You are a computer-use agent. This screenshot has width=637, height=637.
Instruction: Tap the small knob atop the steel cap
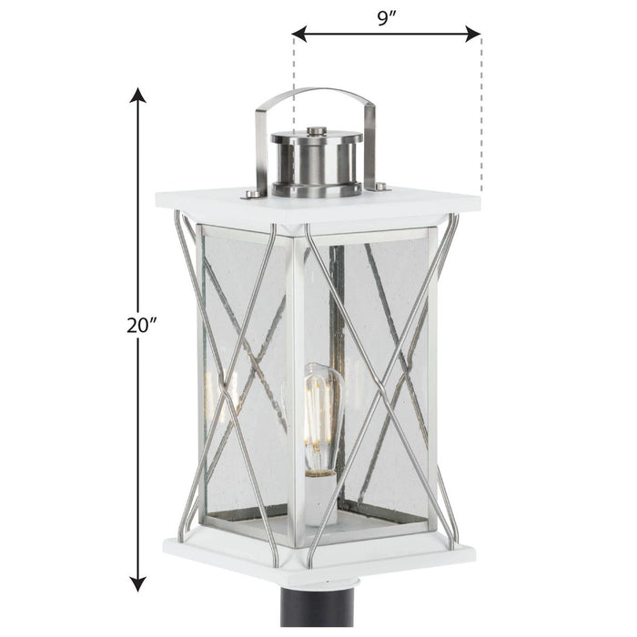(x=316, y=132)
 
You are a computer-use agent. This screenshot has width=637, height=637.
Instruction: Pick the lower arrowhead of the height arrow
(x=137, y=584)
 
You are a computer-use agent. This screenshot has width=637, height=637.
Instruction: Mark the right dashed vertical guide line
(x=481, y=118)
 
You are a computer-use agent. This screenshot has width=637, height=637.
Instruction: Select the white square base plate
(x=318, y=553)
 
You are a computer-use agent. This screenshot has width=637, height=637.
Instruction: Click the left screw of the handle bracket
(x=248, y=194)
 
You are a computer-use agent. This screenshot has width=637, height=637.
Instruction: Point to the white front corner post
(x=296, y=382)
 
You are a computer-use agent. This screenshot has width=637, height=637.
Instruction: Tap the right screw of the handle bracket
(x=380, y=187)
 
